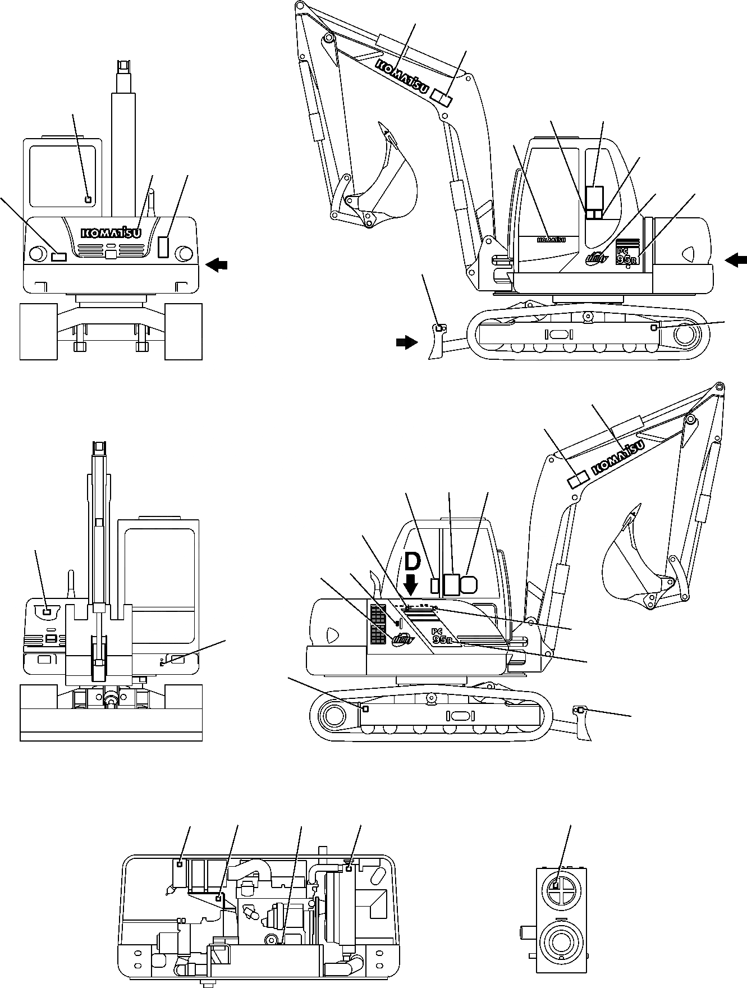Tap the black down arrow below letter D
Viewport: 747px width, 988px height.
[411, 585]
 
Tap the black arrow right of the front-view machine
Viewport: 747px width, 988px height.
[218, 264]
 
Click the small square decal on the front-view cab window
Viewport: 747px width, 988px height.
[87, 198]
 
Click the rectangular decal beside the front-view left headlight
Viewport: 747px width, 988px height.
[58, 257]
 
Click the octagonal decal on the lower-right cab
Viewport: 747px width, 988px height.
[469, 584]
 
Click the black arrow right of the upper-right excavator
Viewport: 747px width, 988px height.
[736, 259]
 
